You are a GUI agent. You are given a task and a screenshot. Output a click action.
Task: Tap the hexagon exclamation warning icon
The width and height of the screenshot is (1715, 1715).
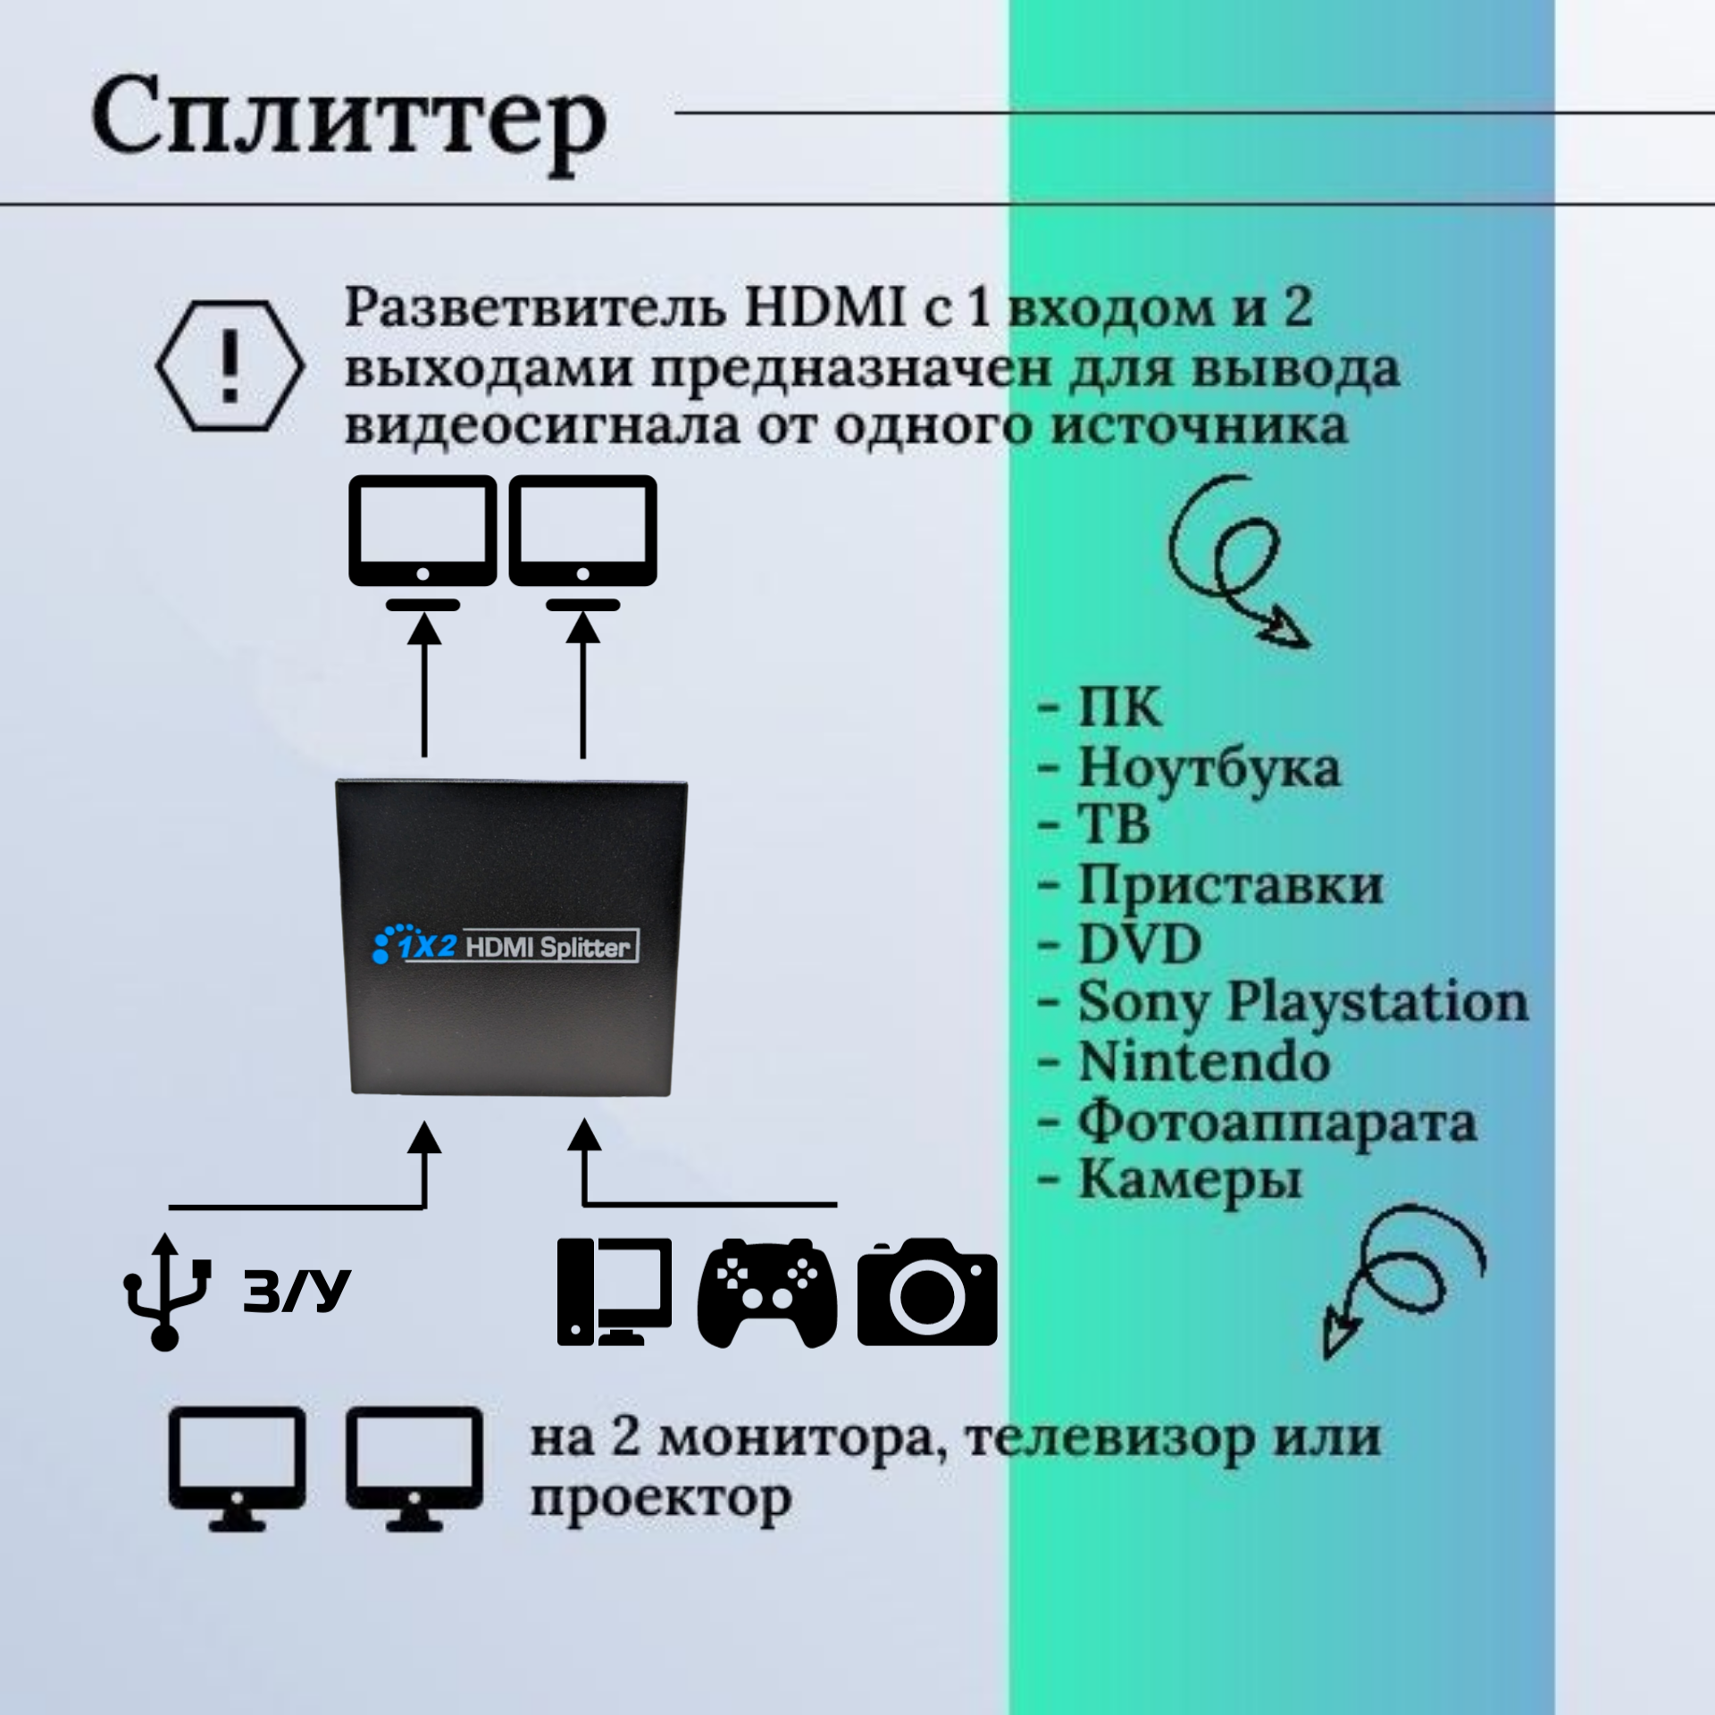230,366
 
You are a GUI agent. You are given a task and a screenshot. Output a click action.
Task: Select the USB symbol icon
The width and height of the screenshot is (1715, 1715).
165,1291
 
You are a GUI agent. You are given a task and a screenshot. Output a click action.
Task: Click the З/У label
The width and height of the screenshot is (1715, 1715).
296,1292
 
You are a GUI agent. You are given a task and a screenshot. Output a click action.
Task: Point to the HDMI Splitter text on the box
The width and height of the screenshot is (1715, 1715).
548,947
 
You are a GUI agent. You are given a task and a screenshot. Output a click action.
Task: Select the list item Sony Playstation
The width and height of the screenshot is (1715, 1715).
1301,1003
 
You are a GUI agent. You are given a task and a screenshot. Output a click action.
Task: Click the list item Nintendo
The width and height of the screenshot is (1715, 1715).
1203,1063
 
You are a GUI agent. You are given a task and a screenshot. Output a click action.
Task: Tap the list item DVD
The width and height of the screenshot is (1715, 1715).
1139,944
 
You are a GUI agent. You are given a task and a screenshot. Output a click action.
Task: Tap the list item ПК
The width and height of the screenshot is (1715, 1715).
1119,708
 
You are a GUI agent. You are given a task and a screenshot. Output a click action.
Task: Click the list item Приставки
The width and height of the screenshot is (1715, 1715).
1230,885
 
